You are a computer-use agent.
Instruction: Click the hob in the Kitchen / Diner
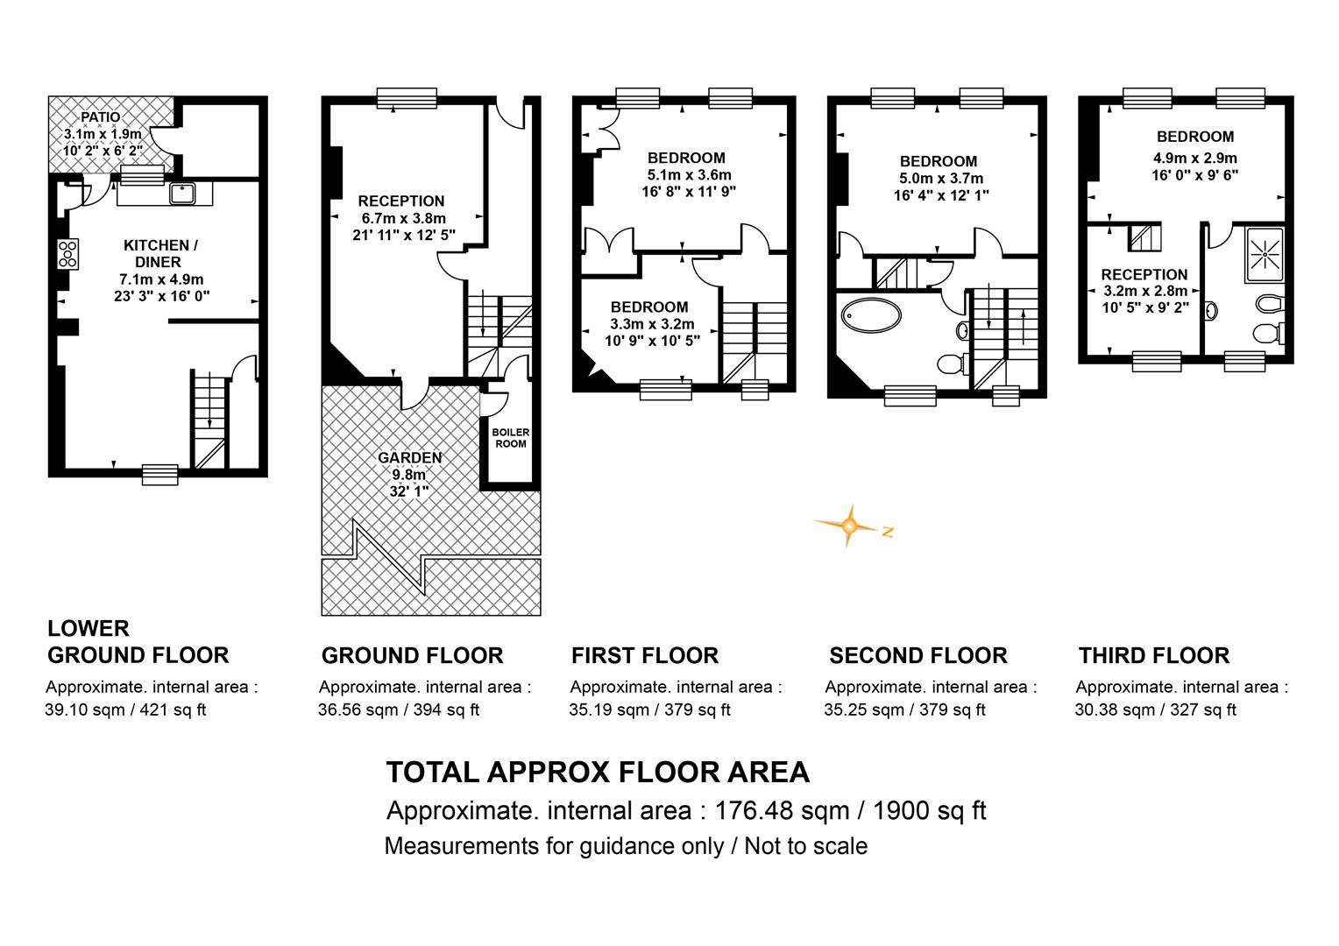tap(68, 254)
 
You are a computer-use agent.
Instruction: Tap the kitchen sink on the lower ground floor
tap(182, 194)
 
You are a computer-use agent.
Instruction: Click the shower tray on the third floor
tap(1265, 255)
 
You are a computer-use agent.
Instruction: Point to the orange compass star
tap(849, 526)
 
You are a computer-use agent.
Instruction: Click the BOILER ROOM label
tap(511, 438)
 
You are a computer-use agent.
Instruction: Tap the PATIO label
tap(101, 117)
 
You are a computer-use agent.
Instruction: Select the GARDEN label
tap(409, 458)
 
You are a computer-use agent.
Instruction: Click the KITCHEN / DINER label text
tap(160, 253)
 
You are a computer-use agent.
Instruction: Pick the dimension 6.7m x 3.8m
tap(403, 218)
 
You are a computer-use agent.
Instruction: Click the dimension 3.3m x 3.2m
tap(652, 324)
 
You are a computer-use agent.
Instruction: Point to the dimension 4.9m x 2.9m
tap(1195, 159)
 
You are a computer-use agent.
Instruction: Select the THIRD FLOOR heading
tap(1154, 655)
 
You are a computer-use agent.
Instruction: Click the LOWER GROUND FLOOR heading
tap(138, 642)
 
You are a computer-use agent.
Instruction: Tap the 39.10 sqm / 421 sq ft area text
tap(125, 710)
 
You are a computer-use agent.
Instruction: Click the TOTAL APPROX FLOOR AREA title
tap(598, 772)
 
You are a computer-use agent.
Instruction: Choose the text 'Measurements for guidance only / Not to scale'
tap(626, 846)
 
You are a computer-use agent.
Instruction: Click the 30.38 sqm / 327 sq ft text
tap(1156, 710)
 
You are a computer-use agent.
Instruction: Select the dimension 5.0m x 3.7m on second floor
tap(941, 178)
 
